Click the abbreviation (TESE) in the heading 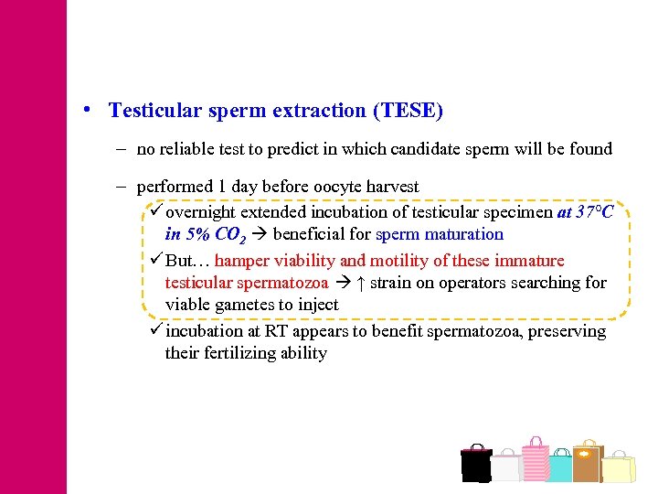pyautogui.click(x=408, y=111)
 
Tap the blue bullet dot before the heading pyautogui.click(x=85, y=109)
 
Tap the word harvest pyautogui.click(x=392, y=187)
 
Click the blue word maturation pyautogui.click(x=462, y=233)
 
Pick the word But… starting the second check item pyautogui.click(x=187, y=261)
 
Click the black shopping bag pyautogui.click(x=476, y=464)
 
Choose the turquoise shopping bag pyautogui.click(x=559, y=467)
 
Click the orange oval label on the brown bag pyautogui.click(x=586, y=453)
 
